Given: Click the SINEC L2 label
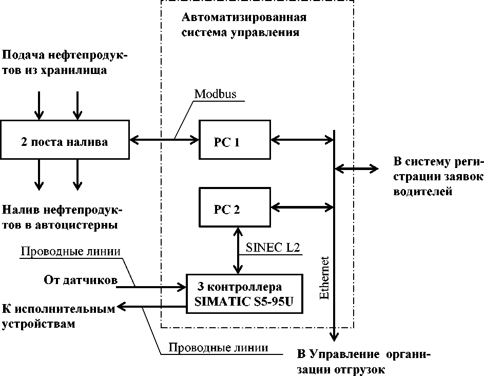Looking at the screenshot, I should pyautogui.click(x=271, y=248).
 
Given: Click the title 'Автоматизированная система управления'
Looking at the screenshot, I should pyautogui.click(x=244, y=25).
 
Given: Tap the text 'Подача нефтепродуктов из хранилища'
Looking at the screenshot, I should pyautogui.click(x=64, y=62).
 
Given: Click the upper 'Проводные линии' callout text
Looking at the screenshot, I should pyautogui.click(x=70, y=252).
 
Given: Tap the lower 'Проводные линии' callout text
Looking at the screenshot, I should pyautogui.click(x=218, y=347).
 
